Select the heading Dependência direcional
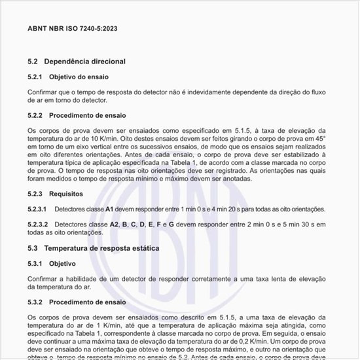(x=84, y=61)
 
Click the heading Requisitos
(x=68, y=194)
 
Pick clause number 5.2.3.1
(x=37, y=209)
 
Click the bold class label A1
(x=110, y=209)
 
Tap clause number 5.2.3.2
(x=37, y=225)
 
